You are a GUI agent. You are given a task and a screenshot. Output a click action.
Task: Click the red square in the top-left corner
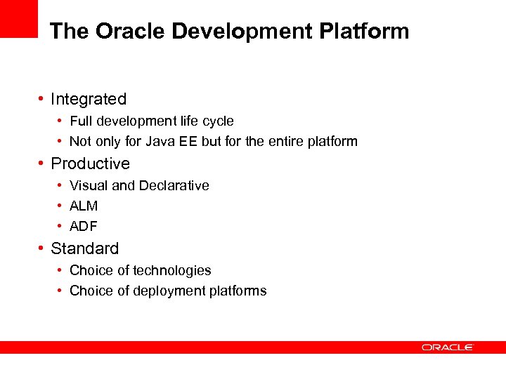pos(18,18)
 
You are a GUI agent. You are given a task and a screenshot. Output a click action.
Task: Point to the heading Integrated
pos(89,100)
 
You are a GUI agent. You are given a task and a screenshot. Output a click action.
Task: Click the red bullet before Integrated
pos(42,99)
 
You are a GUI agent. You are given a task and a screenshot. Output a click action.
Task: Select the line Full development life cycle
pos(152,121)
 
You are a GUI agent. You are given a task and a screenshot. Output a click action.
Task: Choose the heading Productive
pos(91,164)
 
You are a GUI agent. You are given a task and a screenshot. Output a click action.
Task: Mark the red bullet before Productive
pos(42,164)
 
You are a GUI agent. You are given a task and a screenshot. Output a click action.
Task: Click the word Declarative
pos(174,186)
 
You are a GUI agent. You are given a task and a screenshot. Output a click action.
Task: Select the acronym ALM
pos(84,206)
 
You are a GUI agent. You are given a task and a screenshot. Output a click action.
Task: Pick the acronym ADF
pos(84,227)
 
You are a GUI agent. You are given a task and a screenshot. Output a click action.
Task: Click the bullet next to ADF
pos(61,226)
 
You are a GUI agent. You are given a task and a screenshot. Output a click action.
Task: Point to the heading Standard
pos(85,248)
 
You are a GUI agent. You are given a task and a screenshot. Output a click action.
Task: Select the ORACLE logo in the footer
pos(448,347)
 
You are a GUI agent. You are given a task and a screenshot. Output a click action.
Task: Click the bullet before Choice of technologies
pos(61,270)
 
